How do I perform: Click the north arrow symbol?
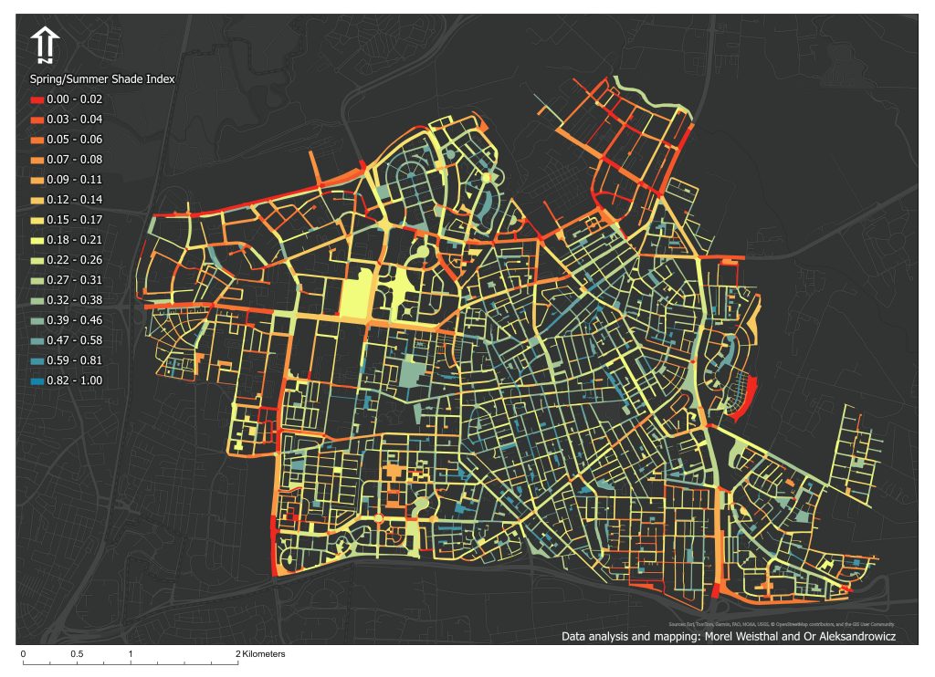pyautogui.click(x=45, y=45)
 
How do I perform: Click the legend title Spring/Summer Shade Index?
pyautogui.click(x=102, y=79)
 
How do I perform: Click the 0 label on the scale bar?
pyautogui.click(x=23, y=655)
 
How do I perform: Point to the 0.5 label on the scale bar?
pyautogui.click(x=76, y=655)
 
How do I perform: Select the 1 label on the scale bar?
pyautogui.click(x=131, y=655)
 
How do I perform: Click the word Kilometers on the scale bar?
pyautogui.click(x=265, y=655)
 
